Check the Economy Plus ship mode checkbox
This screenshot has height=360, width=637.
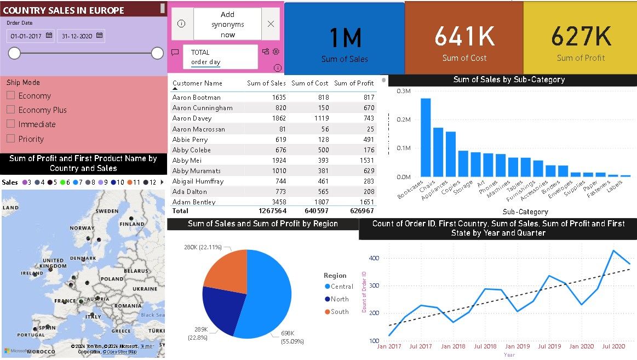[x=11, y=110]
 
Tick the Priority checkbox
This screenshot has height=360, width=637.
[x=11, y=139]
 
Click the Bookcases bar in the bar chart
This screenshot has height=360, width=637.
[x=426, y=137]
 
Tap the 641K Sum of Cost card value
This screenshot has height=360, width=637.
[x=464, y=36]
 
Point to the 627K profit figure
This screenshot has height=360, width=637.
[x=581, y=36]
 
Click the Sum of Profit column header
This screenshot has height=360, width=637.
[x=354, y=83]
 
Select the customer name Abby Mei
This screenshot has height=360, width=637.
[x=187, y=161]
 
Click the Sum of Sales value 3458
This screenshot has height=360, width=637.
[x=278, y=202]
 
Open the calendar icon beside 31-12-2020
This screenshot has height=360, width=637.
[x=99, y=36]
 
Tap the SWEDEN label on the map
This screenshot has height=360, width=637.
[x=106, y=211]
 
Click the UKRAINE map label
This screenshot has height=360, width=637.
[x=145, y=288]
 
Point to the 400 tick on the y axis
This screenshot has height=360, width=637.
[x=374, y=258]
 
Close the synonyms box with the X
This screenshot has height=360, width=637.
[x=271, y=24]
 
